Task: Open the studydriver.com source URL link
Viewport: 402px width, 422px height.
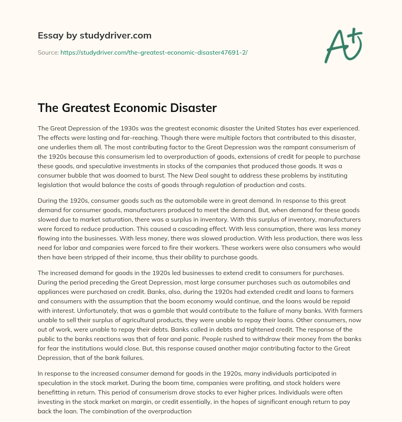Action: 154,52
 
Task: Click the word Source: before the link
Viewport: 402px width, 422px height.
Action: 48,52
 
